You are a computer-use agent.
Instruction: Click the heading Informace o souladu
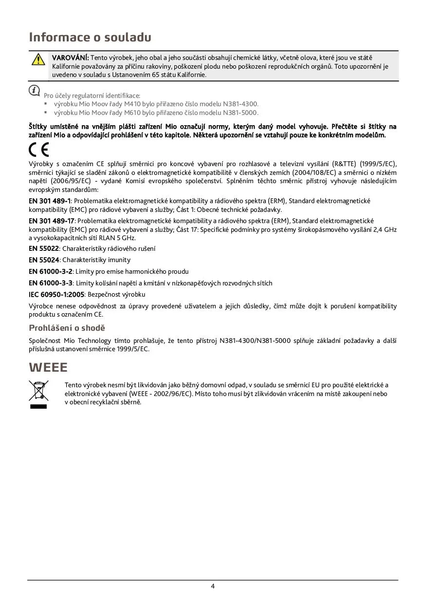tap(90, 37)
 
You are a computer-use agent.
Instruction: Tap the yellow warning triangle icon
tap(38, 60)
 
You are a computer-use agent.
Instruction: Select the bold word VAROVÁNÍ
tap(70, 58)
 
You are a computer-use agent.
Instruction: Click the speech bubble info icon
tap(34, 90)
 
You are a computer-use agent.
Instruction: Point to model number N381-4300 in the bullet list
tap(240, 104)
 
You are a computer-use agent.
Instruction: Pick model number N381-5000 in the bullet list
tap(240, 113)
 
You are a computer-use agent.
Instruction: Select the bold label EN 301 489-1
tap(50, 201)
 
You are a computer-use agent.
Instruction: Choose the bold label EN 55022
tap(44, 248)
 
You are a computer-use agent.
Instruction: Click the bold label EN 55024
tap(44, 260)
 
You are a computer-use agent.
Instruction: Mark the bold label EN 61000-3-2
tap(51, 271)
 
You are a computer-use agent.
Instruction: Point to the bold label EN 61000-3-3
tap(51, 283)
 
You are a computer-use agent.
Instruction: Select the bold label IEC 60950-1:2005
tap(56, 294)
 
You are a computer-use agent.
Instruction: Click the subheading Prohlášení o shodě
tap(67, 328)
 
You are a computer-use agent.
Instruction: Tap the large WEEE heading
tap(48, 367)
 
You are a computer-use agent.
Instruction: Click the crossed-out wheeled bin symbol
tap(38, 391)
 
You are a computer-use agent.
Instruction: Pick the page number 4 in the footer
tap(213, 586)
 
